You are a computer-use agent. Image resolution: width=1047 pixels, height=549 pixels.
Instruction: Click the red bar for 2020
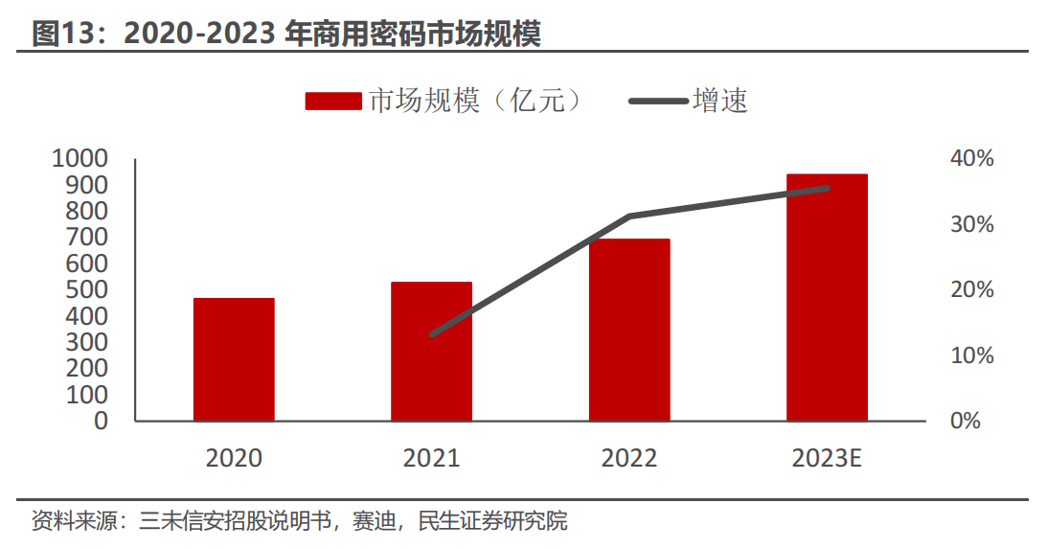pos(234,359)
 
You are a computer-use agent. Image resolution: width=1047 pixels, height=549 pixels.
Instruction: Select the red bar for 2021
pos(431,352)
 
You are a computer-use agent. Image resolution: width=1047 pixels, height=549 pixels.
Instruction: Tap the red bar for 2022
pos(629,330)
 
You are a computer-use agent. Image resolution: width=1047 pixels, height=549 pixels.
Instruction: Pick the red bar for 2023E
pos(827,297)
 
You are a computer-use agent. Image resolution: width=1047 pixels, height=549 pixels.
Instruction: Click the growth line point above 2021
pos(432,334)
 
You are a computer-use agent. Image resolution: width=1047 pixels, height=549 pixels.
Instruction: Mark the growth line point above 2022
pos(629,217)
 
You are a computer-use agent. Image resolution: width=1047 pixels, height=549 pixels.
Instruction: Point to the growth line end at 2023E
pos(827,188)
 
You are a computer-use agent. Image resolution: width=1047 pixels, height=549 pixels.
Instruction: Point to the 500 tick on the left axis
pos(88,289)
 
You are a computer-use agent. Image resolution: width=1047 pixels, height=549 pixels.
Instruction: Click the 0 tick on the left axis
pos(102,421)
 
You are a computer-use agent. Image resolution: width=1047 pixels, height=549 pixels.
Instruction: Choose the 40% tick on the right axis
pos(971,158)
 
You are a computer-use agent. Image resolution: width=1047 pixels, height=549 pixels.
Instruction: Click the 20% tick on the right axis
pos(971,289)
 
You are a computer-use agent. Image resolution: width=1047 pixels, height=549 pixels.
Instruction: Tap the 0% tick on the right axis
pos(966,421)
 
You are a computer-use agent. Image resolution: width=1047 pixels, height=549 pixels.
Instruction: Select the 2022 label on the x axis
pos(629,459)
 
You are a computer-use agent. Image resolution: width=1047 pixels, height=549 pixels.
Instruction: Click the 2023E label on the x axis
pos(827,459)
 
